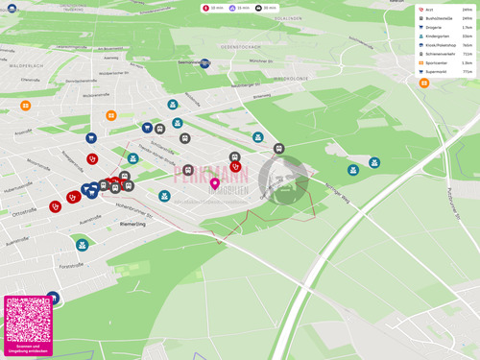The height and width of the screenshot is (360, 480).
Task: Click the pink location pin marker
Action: (215, 182)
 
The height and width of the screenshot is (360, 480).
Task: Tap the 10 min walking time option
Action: (213, 8)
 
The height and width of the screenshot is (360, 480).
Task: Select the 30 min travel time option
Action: (266, 8)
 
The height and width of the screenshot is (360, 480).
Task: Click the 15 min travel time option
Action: (239, 8)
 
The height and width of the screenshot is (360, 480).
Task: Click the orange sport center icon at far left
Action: (26, 106)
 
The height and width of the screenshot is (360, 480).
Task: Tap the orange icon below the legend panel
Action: (423, 84)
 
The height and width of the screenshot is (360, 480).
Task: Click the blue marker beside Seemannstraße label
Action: (204, 63)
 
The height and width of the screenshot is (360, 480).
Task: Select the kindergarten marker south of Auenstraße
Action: (83, 245)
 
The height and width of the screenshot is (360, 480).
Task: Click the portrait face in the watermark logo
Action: (283, 179)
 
